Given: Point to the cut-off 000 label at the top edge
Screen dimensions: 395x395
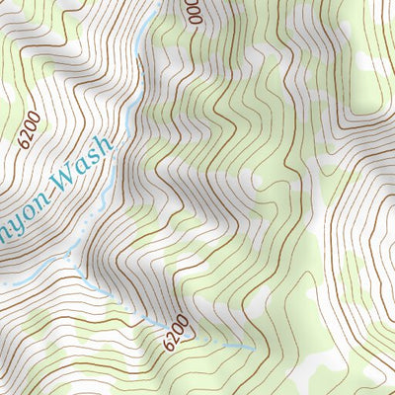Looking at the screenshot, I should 192,12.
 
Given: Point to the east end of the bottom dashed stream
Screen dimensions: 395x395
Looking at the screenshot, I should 253,349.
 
